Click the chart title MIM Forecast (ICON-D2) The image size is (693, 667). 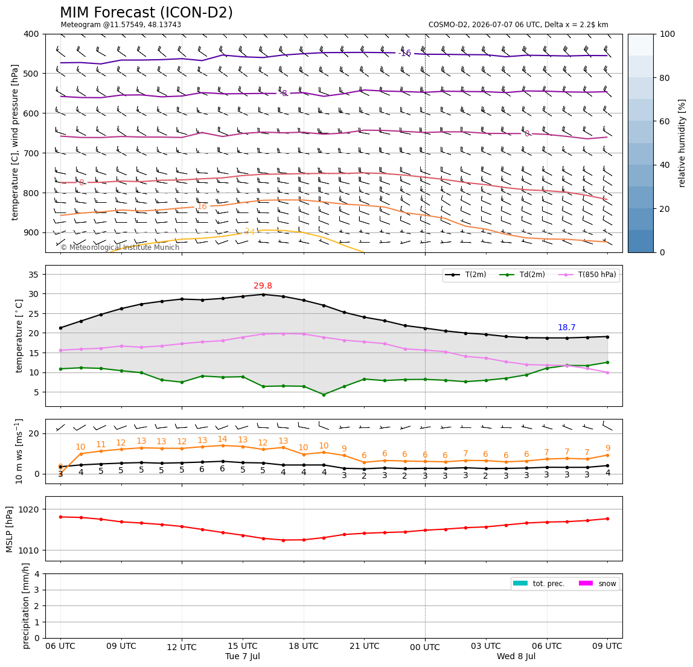tap(146, 13)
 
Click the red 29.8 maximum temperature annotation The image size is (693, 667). tap(263, 286)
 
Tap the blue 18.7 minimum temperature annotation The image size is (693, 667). tap(567, 327)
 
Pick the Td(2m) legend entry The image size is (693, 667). tap(522, 275)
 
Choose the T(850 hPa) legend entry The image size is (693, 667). tap(587, 275)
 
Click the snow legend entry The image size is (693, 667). tap(598, 584)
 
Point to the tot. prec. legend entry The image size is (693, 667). tap(538, 584)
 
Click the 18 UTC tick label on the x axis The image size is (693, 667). tap(304, 646)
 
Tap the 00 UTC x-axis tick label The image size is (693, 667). tap(425, 647)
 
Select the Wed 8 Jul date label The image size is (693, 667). tap(516, 656)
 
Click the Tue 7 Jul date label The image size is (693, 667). tap(243, 656)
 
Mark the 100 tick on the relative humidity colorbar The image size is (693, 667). tap(668, 34)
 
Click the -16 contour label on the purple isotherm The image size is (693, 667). tap(405, 53)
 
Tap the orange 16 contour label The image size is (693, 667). tap(202, 206)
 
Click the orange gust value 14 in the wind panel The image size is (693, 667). tap(222, 439)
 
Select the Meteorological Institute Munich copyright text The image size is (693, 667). tap(120, 247)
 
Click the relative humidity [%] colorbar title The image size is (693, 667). tap(682, 143)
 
